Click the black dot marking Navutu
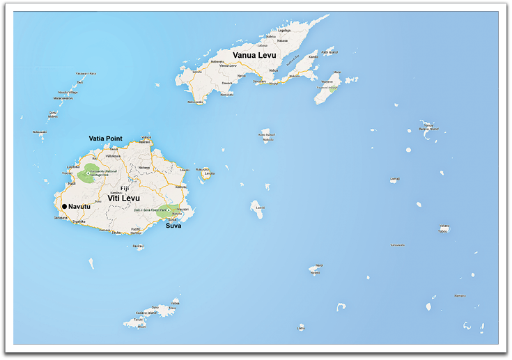(64, 207)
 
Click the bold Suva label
(174, 226)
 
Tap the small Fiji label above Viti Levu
(125, 188)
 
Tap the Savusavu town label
(260, 81)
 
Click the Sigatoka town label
(79, 221)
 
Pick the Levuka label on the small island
(209, 173)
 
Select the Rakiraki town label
(144, 142)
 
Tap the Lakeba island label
(395, 179)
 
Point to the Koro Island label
(265, 134)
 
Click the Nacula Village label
(68, 92)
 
